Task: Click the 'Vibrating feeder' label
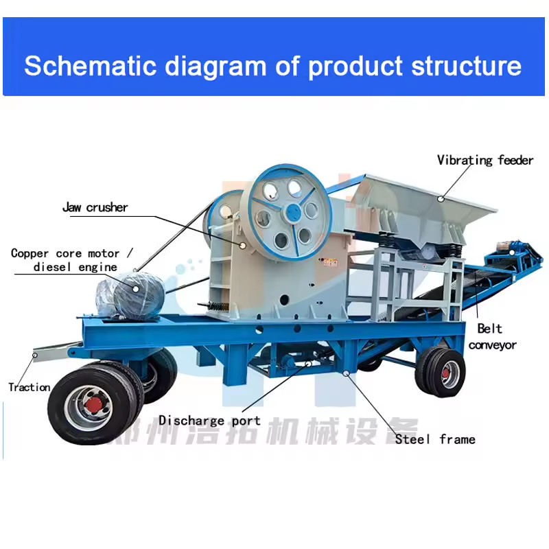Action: [x=485, y=161]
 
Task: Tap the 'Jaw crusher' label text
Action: [x=95, y=207]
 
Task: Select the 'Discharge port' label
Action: [x=209, y=421]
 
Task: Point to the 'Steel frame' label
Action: [x=435, y=439]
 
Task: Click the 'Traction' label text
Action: [x=30, y=387]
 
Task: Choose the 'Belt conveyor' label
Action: [x=492, y=337]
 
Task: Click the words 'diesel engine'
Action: [x=75, y=267]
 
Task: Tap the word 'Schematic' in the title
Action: [x=90, y=66]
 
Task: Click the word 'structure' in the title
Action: [x=467, y=66]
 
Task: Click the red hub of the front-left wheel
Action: [x=93, y=405]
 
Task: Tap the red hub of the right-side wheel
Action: [x=445, y=373]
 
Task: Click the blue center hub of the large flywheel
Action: [x=294, y=212]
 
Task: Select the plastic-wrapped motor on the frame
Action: [x=130, y=296]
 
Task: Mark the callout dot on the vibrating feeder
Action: [x=441, y=199]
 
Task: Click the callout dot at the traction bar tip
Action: [x=35, y=355]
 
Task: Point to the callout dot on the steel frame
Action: [x=346, y=373]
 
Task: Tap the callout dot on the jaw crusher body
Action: [x=243, y=246]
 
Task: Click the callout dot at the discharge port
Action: [x=308, y=364]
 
